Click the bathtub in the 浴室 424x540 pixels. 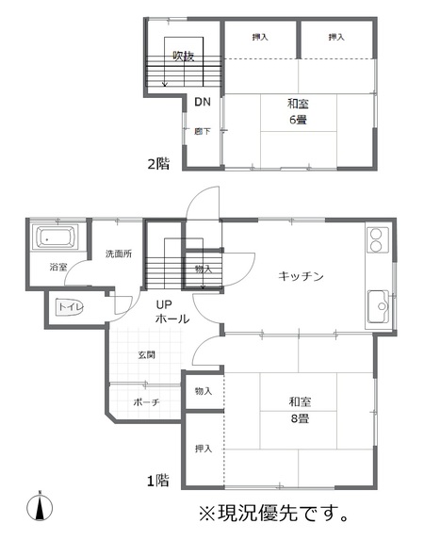55,237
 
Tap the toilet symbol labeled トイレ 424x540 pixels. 69,306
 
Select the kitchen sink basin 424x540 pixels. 378,307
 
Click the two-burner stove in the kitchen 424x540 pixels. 375,239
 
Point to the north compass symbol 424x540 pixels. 40,507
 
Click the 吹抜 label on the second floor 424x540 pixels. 184,56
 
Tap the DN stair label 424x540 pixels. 203,102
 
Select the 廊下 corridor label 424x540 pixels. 203,131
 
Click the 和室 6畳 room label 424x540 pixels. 298,111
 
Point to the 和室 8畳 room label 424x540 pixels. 300,410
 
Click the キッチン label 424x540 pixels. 301,276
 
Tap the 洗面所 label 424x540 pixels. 119,254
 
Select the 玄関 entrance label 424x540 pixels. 146,354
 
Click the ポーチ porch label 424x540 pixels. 146,402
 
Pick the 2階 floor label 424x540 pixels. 158,164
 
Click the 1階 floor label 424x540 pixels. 158,481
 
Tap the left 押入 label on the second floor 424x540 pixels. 260,37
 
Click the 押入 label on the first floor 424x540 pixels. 204,449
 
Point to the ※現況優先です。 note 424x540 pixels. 274,513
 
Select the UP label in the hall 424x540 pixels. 164,304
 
